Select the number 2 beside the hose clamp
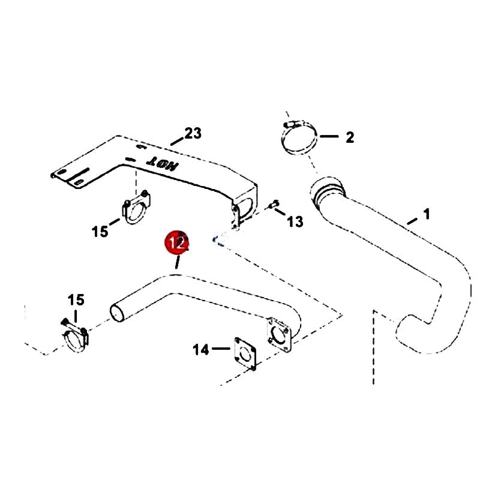click(349, 137)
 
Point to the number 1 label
click(426, 214)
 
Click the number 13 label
click(295, 222)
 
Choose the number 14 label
click(201, 349)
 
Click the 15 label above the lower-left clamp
click(76, 300)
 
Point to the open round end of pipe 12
click(118, 313)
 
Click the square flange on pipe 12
click(280, 332)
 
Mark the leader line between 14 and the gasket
click(223, 347)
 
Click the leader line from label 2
click(329, 137)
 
